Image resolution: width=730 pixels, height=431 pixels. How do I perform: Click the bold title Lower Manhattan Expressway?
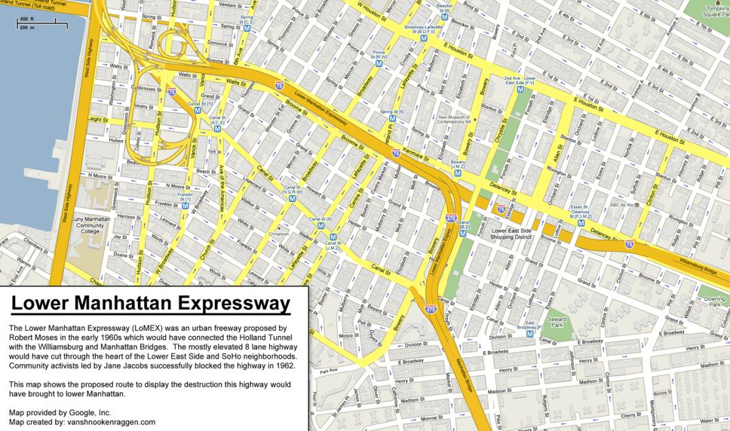(x=151, y=304)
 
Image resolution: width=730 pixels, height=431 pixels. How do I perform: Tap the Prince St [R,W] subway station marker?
(x=380, y=65)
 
